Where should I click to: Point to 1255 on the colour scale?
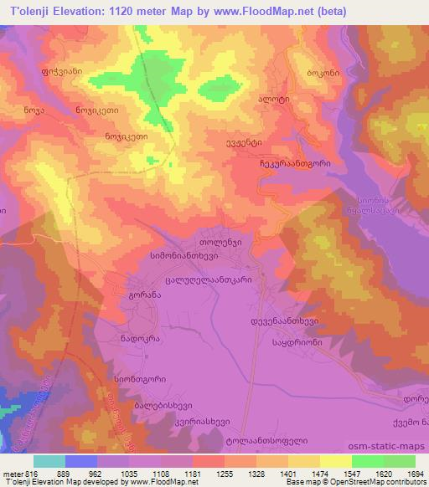click(x=207, y=472)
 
